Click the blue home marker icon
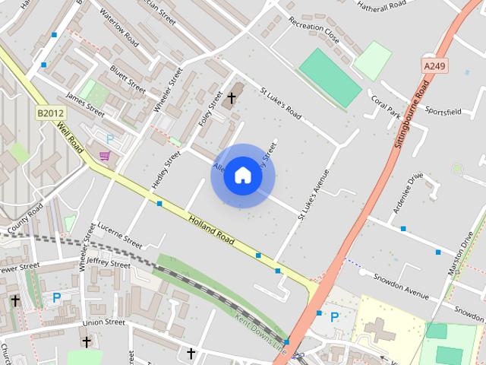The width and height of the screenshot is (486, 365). click(x=243, y=175)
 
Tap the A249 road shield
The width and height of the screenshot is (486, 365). click(x=434, y=66)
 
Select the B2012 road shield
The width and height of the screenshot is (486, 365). click(x=50, y=113)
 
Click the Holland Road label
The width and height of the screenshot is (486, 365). click(x=212, y=227)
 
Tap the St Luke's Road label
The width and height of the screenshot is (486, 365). click(x=281, y=105)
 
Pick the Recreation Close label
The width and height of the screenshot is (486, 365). click(x=314, y=32)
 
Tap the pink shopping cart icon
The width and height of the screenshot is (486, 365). click(x=104, y=156)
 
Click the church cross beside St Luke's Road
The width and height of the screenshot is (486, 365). click(x=232, y=97)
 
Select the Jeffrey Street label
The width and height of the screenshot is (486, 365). click(x=108, y=262)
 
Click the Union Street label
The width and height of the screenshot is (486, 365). click(x=103, y=322)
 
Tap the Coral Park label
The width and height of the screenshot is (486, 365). click(x=385, y=106)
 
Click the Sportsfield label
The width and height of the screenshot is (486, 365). click(x=443, y=111)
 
